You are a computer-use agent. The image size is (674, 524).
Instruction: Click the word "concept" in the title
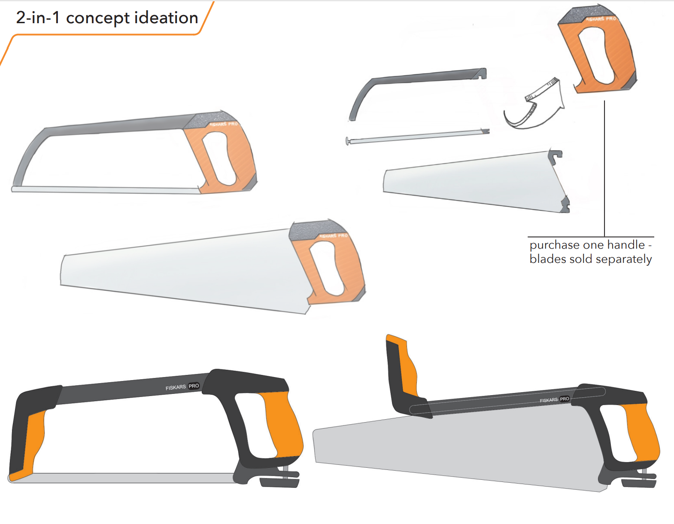[97, 18]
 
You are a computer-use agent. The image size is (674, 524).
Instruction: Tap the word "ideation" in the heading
[166, 18]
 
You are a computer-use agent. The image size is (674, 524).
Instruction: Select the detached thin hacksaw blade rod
[416, 137]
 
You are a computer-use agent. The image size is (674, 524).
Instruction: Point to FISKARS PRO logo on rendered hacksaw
[182, 387]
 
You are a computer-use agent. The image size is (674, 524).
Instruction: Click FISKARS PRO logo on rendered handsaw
[554, 399]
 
